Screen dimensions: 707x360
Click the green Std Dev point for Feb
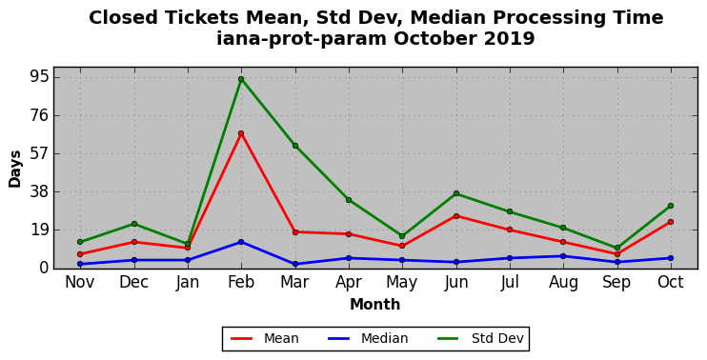(x=241, y=79)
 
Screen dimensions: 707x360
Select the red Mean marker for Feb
(x=241, y=133)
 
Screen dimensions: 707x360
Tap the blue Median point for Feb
(x=241, y=242)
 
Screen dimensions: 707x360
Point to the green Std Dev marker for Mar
(x=295, y=146)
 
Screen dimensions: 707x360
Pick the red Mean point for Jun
(x=456, y=216)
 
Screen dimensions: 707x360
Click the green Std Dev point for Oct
(x=671, y=206)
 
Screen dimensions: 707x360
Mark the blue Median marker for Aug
(x=563, y=256)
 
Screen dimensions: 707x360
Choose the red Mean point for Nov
(x=80, y=254)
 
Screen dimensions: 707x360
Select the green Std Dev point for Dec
(x=134, y=224)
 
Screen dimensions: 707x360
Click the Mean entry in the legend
(x=265, y=338)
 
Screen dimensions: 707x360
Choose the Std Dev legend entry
(x=480, y=338)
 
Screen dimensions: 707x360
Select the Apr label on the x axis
(x=349, y=282)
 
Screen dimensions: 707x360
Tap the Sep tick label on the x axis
(x=616, y=282)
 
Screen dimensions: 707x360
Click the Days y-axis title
(x=15, y=169)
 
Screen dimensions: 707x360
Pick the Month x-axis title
(x=375, y=305)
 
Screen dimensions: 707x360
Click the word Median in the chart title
(x=446, y=18)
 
